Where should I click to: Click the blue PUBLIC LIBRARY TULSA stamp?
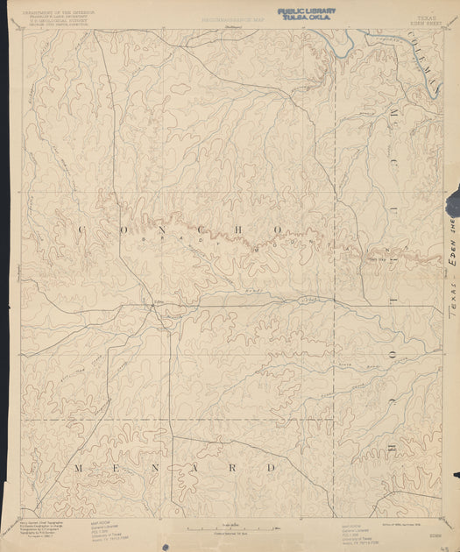click(x=306, y=14)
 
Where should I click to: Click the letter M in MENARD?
click(x=79, y=468)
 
